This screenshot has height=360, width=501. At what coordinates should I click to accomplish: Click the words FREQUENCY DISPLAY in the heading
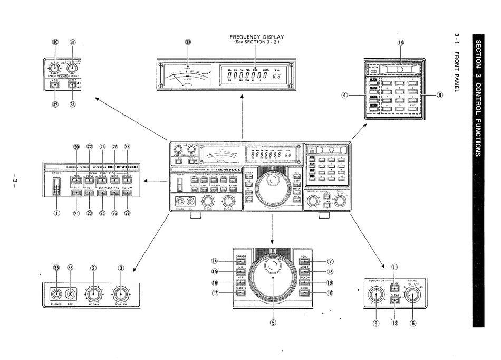[x=256, y=36]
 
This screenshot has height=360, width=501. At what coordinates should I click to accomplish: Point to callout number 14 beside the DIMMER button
[x=215, y=261]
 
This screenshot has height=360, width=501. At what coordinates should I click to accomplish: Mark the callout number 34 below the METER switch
[x=72, y=104]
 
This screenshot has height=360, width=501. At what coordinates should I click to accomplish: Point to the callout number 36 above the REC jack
[x=70, y=268]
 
